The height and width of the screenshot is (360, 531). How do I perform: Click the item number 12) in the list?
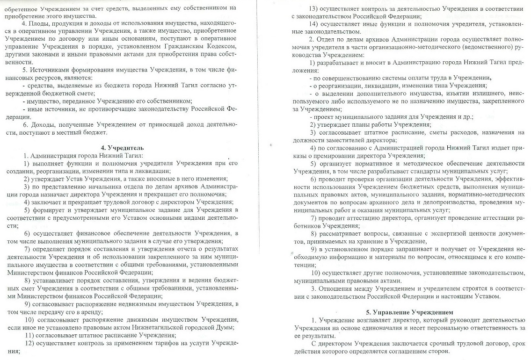[x=29, y=344]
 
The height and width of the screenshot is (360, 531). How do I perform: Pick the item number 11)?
[x=29, y=335]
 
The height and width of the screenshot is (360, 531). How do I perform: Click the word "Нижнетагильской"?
[x=157, y=327]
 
